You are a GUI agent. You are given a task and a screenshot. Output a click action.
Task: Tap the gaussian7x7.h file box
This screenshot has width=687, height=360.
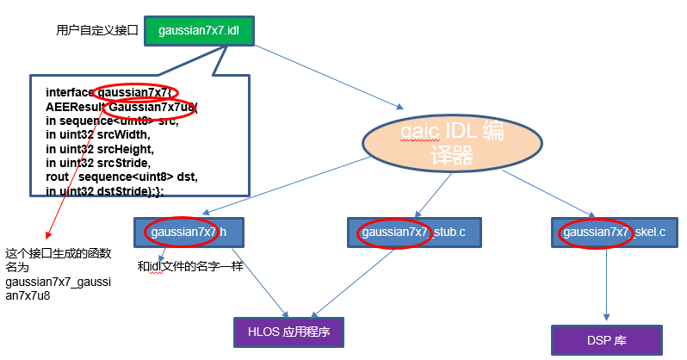189,232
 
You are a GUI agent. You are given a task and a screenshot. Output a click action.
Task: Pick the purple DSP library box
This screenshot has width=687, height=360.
608,340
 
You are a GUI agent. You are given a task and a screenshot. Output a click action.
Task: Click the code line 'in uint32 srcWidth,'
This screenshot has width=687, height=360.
98,134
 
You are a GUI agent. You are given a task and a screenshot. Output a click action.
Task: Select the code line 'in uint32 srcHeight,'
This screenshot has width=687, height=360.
100,148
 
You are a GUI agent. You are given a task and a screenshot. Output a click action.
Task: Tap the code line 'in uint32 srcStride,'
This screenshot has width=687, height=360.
99,162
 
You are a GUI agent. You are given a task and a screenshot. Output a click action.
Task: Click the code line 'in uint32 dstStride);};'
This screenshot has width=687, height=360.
104,190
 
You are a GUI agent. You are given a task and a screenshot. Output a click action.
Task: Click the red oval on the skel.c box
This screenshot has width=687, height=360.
588,232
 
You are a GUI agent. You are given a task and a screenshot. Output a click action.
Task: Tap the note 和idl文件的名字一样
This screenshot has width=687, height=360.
190,266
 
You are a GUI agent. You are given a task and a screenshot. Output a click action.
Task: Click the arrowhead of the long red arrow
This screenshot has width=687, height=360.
46,238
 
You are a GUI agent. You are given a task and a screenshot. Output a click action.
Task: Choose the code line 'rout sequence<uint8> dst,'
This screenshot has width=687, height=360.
121,177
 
